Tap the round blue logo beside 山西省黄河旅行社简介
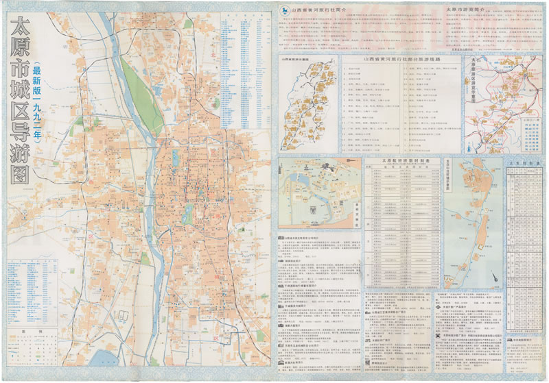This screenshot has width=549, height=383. [x=283, y=10]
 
